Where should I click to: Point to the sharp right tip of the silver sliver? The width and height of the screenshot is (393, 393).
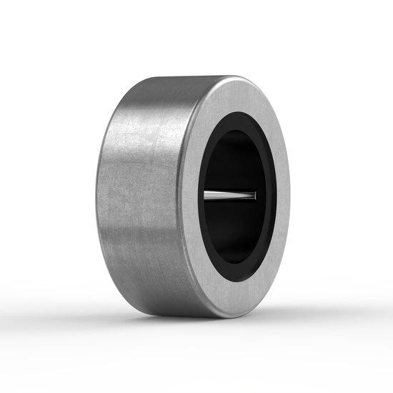[x=255, y=193]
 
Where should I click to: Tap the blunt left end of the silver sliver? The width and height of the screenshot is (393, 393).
[x=204, y=195]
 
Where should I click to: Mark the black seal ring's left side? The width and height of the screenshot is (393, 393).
[x=197, y=194]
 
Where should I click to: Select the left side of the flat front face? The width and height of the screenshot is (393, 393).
[x=188, y=194]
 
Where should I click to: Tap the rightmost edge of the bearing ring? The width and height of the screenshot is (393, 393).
[x=291, y=194]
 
